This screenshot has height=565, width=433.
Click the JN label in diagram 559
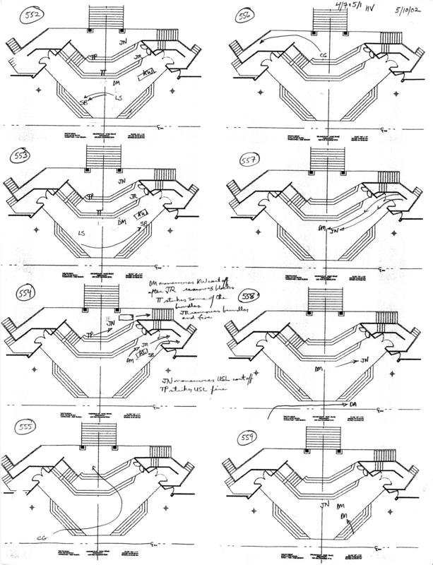325,506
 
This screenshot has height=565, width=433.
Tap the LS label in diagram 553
82,232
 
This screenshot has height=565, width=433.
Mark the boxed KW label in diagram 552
150,73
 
